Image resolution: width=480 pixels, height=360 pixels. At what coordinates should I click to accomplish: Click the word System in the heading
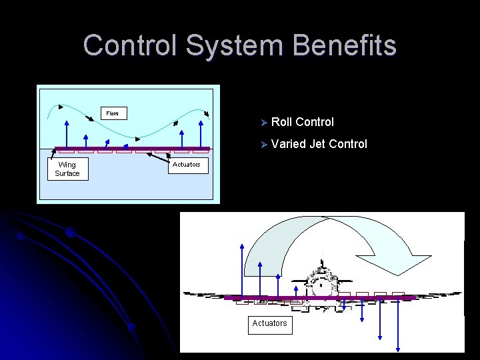pos(230,46)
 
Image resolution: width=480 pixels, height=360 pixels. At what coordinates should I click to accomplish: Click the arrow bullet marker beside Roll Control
pos(264,123)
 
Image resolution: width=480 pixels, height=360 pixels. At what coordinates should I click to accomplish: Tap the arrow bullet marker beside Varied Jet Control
pos(264,145)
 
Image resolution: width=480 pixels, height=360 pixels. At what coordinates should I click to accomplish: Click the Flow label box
pos(113,113)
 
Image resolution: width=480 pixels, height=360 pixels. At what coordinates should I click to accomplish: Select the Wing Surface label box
pos(67,169)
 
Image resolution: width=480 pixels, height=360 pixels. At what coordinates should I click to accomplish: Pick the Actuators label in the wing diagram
pos(186,165)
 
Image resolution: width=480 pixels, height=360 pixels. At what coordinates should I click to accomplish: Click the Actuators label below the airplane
pos(269,323)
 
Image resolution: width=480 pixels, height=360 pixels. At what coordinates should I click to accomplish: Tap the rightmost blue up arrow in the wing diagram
pos(201,133)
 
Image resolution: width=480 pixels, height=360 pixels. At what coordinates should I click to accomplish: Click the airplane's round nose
pos(321,285)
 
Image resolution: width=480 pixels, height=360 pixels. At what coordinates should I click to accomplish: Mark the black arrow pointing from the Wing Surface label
pos(55,152)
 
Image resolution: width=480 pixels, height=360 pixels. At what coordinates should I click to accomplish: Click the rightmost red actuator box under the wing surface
pos(200,151)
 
